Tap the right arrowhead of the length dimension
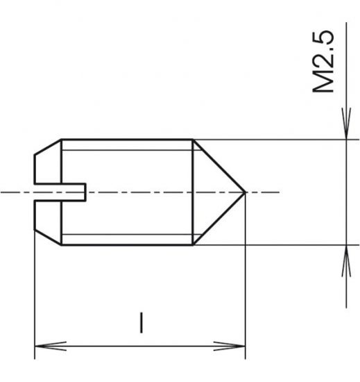pyautogui.click(x=239, y=344)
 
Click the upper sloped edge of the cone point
pyautogui.click(x=219, y=165)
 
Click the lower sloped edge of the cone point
pyautogui.click(x=219, y=218)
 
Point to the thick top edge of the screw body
pyautogui.click(x=125, y=139)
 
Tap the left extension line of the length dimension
pyautogui.click(x=35, y=292)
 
